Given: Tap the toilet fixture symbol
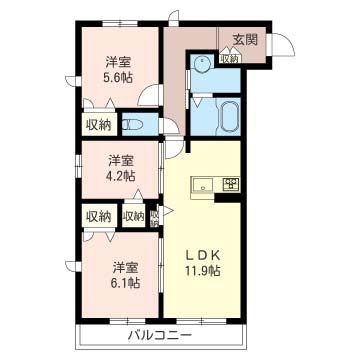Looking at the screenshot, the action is pyautogui.click(x=132, y=125).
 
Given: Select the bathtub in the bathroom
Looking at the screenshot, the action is pyautogui.click(x=229, y=116).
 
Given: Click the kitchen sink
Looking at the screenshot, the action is pyautogui.click(x=203, y=185).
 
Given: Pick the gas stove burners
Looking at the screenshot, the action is pyautogui.click(x=231, y=184).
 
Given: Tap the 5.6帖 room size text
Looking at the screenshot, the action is pyautogui.click(x=119, y=77).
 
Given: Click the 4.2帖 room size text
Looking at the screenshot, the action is pyautogui.click(x=122, y=176).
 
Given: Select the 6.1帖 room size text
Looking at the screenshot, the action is pyautogui.click(x=126, y=283).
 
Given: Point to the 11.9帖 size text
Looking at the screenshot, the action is pyautogui.click(x=203, y=271).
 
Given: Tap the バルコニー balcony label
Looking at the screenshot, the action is pyautogui.click(x=160, y=335).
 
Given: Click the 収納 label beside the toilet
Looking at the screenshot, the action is pyautogui.click(x=99, y=124).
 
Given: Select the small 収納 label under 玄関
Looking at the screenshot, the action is pyautogui.click(x=229, y=59).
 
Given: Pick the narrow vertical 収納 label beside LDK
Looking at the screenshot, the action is pyautogui.click(x=154, y=219).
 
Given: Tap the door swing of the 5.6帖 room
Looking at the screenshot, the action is pyautogui.click(x=149, y=94).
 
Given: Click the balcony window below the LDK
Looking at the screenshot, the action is pyautogui.click(x=201, y=321).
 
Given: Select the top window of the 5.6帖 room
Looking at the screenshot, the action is pyautogui.click(x=120, y=23).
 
